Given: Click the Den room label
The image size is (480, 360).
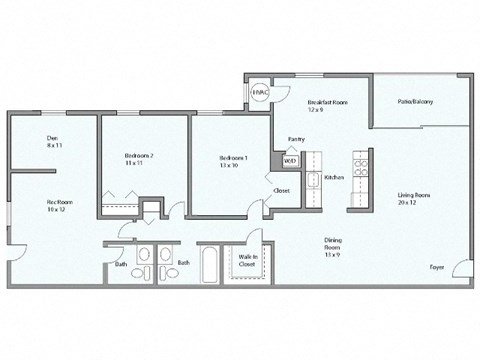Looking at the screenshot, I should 51,138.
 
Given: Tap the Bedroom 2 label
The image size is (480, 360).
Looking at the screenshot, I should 139,156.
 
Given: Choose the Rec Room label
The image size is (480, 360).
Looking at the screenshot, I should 56,201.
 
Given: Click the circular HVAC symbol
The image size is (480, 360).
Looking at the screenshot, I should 259,92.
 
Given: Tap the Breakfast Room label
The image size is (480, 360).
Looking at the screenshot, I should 327,102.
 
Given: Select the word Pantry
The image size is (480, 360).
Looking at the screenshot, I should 296,139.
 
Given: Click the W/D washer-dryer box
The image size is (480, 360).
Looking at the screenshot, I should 290,160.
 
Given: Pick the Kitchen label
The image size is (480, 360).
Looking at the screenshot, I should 334,176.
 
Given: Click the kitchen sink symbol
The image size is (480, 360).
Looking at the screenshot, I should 312,180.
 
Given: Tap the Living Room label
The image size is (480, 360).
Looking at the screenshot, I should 414,196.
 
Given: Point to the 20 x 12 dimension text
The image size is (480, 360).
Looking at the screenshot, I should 414,204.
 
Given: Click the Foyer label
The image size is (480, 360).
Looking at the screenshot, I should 437,267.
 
